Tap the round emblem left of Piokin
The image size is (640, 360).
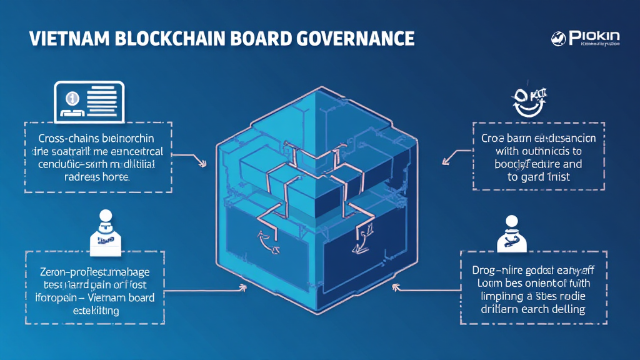[x=557, y=39]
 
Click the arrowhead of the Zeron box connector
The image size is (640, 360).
[x=242, y=289]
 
